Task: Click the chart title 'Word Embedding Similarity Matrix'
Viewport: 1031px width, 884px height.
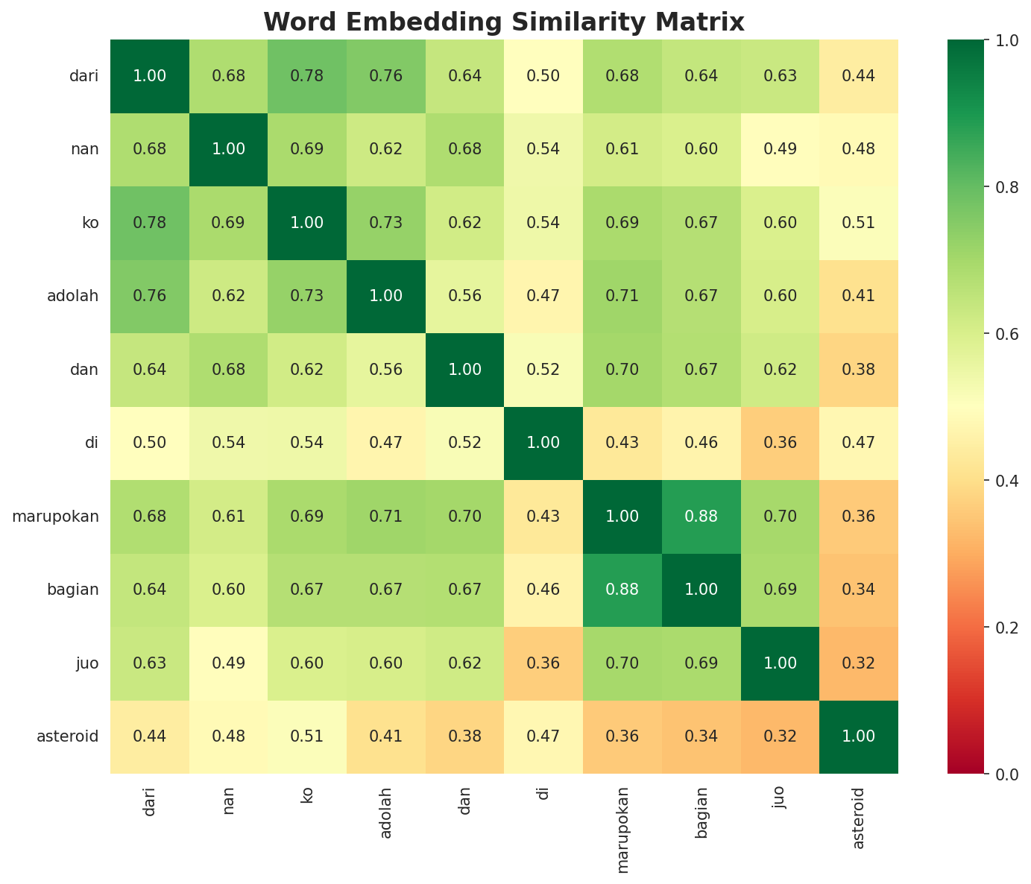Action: point(504,22)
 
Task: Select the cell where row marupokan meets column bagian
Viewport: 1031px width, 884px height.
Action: point(701,517)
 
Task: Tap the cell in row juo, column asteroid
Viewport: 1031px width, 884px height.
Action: point(859,663)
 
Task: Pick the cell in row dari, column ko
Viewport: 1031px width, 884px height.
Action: point(307,76)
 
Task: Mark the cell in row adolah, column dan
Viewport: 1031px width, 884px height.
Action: point(464,296)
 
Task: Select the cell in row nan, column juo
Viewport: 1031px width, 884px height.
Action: point(780,149)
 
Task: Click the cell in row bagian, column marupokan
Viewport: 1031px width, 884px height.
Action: point(622,590)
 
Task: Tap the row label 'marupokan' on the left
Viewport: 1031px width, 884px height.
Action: point(56,517)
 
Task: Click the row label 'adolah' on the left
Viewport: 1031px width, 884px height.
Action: point(72,296)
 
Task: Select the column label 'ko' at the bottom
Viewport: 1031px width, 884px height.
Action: point(307,795)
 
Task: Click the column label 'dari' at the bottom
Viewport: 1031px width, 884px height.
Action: point(150,801)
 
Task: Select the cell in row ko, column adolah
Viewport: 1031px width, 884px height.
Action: point(386,223)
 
